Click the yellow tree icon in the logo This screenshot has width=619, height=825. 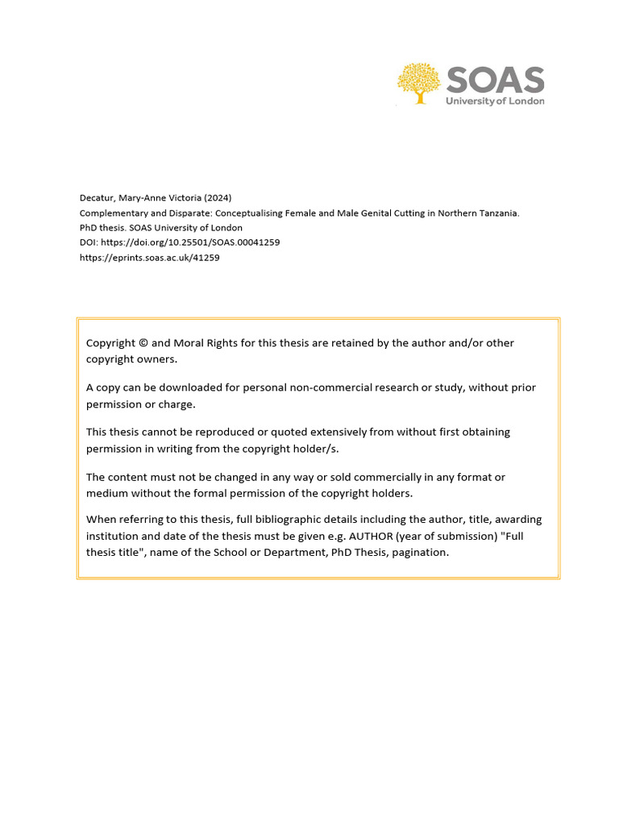(419, 83)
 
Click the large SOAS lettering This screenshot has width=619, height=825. (495, 81)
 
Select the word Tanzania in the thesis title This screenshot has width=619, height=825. (496, 214)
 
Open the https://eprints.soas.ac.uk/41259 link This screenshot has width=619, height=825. (149, 258)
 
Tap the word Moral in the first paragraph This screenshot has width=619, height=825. (189, 343)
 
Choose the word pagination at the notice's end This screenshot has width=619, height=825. (419, 553)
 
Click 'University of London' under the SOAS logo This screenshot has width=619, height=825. (495, 102)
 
